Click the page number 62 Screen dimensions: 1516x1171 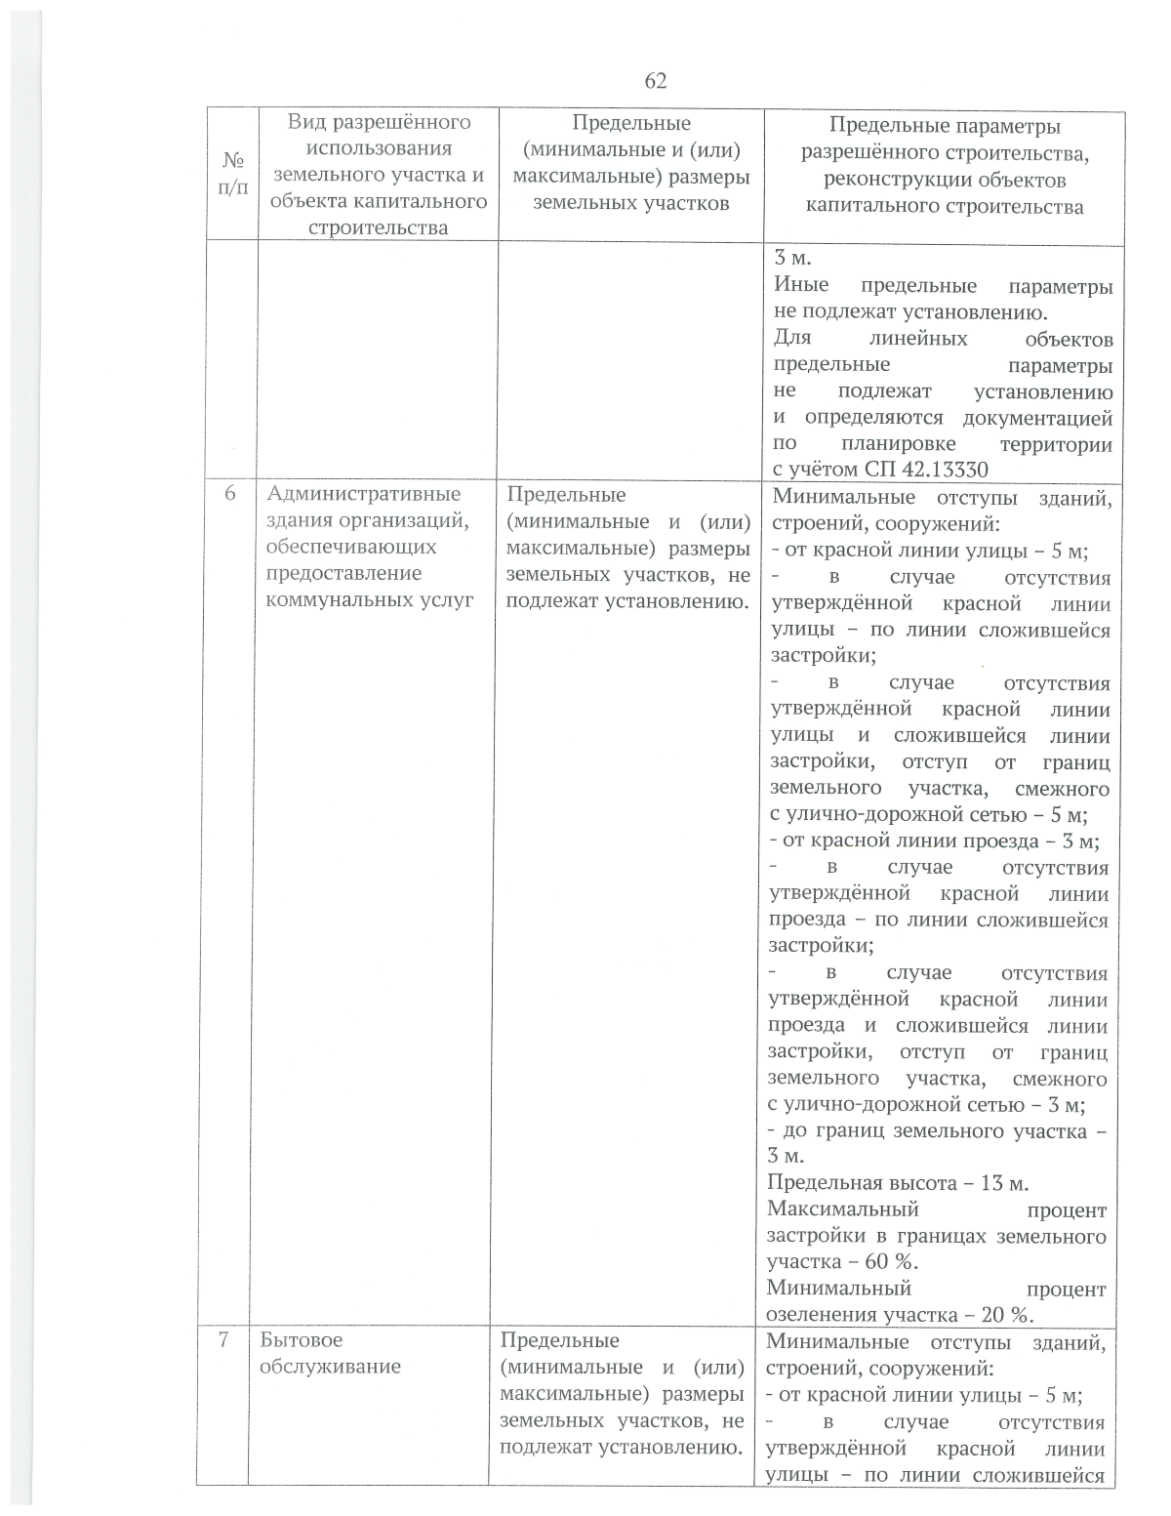click(656, 81)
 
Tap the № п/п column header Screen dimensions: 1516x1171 click(229, 175)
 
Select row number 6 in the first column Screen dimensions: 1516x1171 click(230, 494)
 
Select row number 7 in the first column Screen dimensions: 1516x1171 click(223, 1340)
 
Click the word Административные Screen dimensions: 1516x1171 click(363, 494)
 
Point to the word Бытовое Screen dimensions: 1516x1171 click(301, 1340)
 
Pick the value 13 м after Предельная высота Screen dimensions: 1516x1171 click(1003, 1183)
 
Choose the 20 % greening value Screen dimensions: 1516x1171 click(1003, 1315)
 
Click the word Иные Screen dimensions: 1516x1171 click(801, 285)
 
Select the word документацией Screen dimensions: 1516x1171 click(1037, 418)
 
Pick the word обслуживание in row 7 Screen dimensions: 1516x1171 click(330, 1367)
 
